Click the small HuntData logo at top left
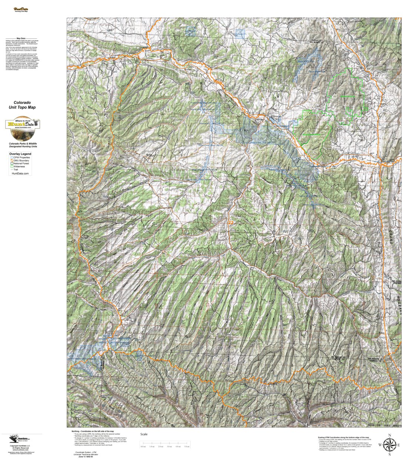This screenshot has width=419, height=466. tap(21, 10)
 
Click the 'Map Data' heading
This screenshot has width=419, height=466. tap(21, 38)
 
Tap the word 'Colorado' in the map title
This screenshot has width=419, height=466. tap(22, 103)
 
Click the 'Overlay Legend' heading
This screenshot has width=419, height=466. tap(20, 154)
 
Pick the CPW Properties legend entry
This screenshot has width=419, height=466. tap(21, 157)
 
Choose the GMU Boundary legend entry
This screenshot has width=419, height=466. tap(21, 160)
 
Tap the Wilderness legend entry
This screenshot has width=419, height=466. tap(19, 166)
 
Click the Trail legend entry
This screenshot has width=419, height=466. tap(17, 169)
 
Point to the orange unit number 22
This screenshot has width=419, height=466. tap(231, 223)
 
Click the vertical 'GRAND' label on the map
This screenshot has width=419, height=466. tap(390, 237)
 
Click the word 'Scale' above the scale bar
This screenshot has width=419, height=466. tap(144, 434)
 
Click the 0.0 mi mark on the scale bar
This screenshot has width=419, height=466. tap(143, 446)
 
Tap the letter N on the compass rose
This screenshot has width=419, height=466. tap(389, 435)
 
